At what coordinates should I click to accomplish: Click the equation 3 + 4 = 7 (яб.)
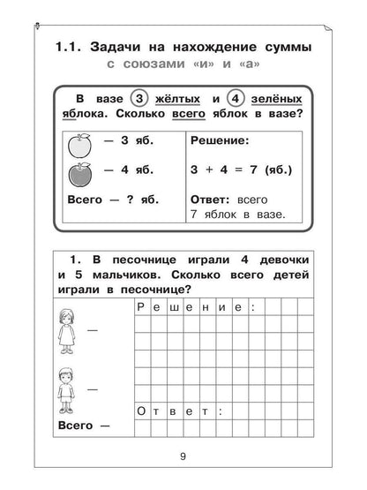coord(243,171)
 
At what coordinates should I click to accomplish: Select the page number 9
coord(183,456)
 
